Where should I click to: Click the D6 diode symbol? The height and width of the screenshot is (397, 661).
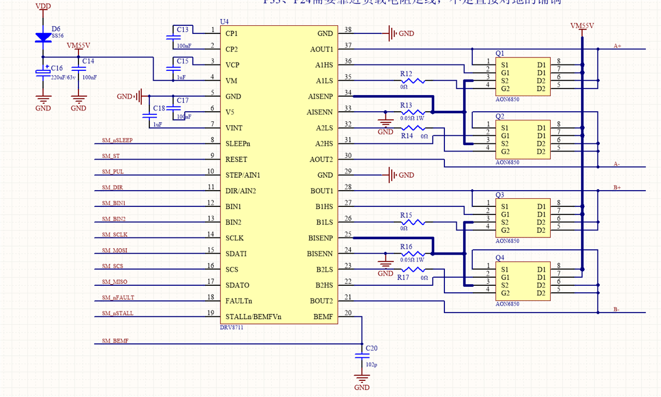tap(43, 38)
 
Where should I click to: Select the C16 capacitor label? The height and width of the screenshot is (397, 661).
tap(56, 68)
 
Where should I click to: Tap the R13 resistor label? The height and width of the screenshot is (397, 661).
tap(406, 105)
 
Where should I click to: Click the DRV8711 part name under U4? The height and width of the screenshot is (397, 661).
tap(232, 327)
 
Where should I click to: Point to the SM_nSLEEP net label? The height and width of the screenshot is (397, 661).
tap(117, 140)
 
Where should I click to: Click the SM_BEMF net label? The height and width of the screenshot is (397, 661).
tap(114, 341)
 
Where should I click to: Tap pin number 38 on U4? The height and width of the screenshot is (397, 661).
tap(348, 30)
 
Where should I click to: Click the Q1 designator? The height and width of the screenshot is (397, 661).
tap(500, 53)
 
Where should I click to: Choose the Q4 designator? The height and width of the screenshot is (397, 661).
tap(500, 257)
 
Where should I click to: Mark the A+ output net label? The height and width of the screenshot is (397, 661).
tap(617, 46)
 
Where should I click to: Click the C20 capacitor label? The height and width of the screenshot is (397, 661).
tap(371, 348)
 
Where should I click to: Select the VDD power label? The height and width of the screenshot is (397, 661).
tap(44, 6)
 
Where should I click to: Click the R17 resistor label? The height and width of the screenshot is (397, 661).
tap(403, 278)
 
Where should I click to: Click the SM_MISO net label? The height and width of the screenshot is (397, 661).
tap(114, 282)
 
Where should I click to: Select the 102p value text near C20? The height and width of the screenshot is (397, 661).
tap(371, 364)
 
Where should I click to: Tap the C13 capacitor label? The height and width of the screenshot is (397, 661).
tap(183, 30)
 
